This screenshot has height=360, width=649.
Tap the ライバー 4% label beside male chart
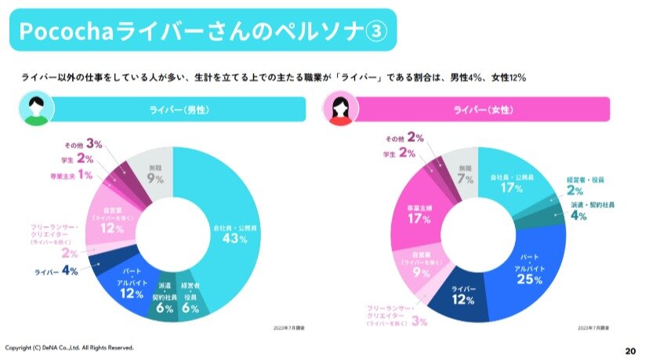[55, 271]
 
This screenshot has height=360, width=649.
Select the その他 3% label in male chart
[85, 144]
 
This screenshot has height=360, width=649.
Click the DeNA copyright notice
[70, 347]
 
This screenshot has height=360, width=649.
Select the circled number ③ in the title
[376, 31]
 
